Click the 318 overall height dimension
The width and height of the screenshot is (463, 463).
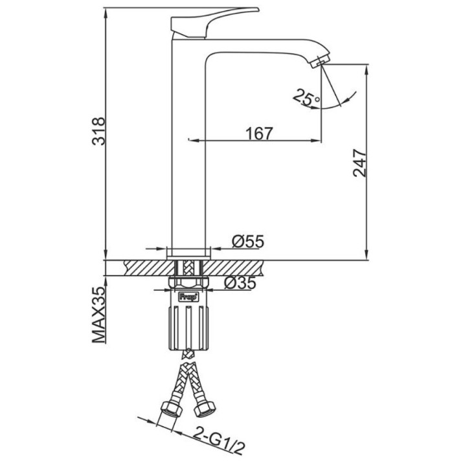[x=98, y=131]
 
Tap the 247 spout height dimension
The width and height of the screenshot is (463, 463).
[x=359, y=163]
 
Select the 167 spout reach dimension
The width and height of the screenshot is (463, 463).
[x=259, y=134]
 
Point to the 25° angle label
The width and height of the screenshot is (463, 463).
[x=306, y=97]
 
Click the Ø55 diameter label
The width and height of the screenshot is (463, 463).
[x=248, y=242]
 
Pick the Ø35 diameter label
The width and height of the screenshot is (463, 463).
[x=240, y=283]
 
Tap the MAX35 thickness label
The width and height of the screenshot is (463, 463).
[x=98, y=315]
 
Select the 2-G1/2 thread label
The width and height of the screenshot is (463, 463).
[x=220, y=444]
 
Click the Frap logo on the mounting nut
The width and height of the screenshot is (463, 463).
[x=188, y=297]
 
